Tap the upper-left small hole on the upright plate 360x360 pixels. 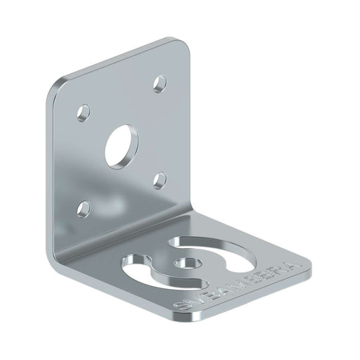[x=84, y=111]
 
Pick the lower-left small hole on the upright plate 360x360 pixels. [x=85, y=207]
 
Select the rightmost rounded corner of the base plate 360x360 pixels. [x=306, y=262]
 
